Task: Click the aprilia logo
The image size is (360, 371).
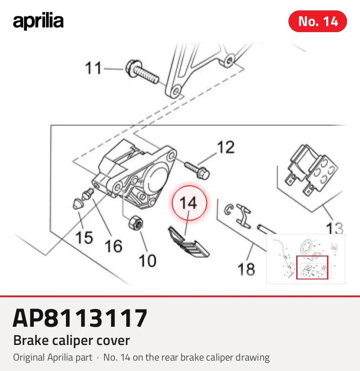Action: (38, 22)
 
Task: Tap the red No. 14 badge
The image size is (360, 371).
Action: (317, 21)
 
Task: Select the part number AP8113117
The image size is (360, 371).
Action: (80, 318)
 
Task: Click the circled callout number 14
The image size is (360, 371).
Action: (189, 203)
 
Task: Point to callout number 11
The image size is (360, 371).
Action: (93, 68)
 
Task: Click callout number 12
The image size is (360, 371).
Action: (226, 147)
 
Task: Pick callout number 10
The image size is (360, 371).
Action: (147, 261)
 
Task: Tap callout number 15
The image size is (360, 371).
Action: (84, 237)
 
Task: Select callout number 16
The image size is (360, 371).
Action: (114, 246)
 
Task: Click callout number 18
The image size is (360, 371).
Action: (246, 269)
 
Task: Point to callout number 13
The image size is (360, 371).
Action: (334, 228)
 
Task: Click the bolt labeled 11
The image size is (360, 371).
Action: (142, 72)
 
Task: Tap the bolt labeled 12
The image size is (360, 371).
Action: (197, 171)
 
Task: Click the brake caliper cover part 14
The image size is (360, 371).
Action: (189, 242)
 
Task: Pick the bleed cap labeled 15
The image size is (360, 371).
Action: (77, 204)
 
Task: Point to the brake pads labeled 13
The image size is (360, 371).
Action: (312, 170)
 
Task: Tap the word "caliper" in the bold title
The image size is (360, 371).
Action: (73, 341)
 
